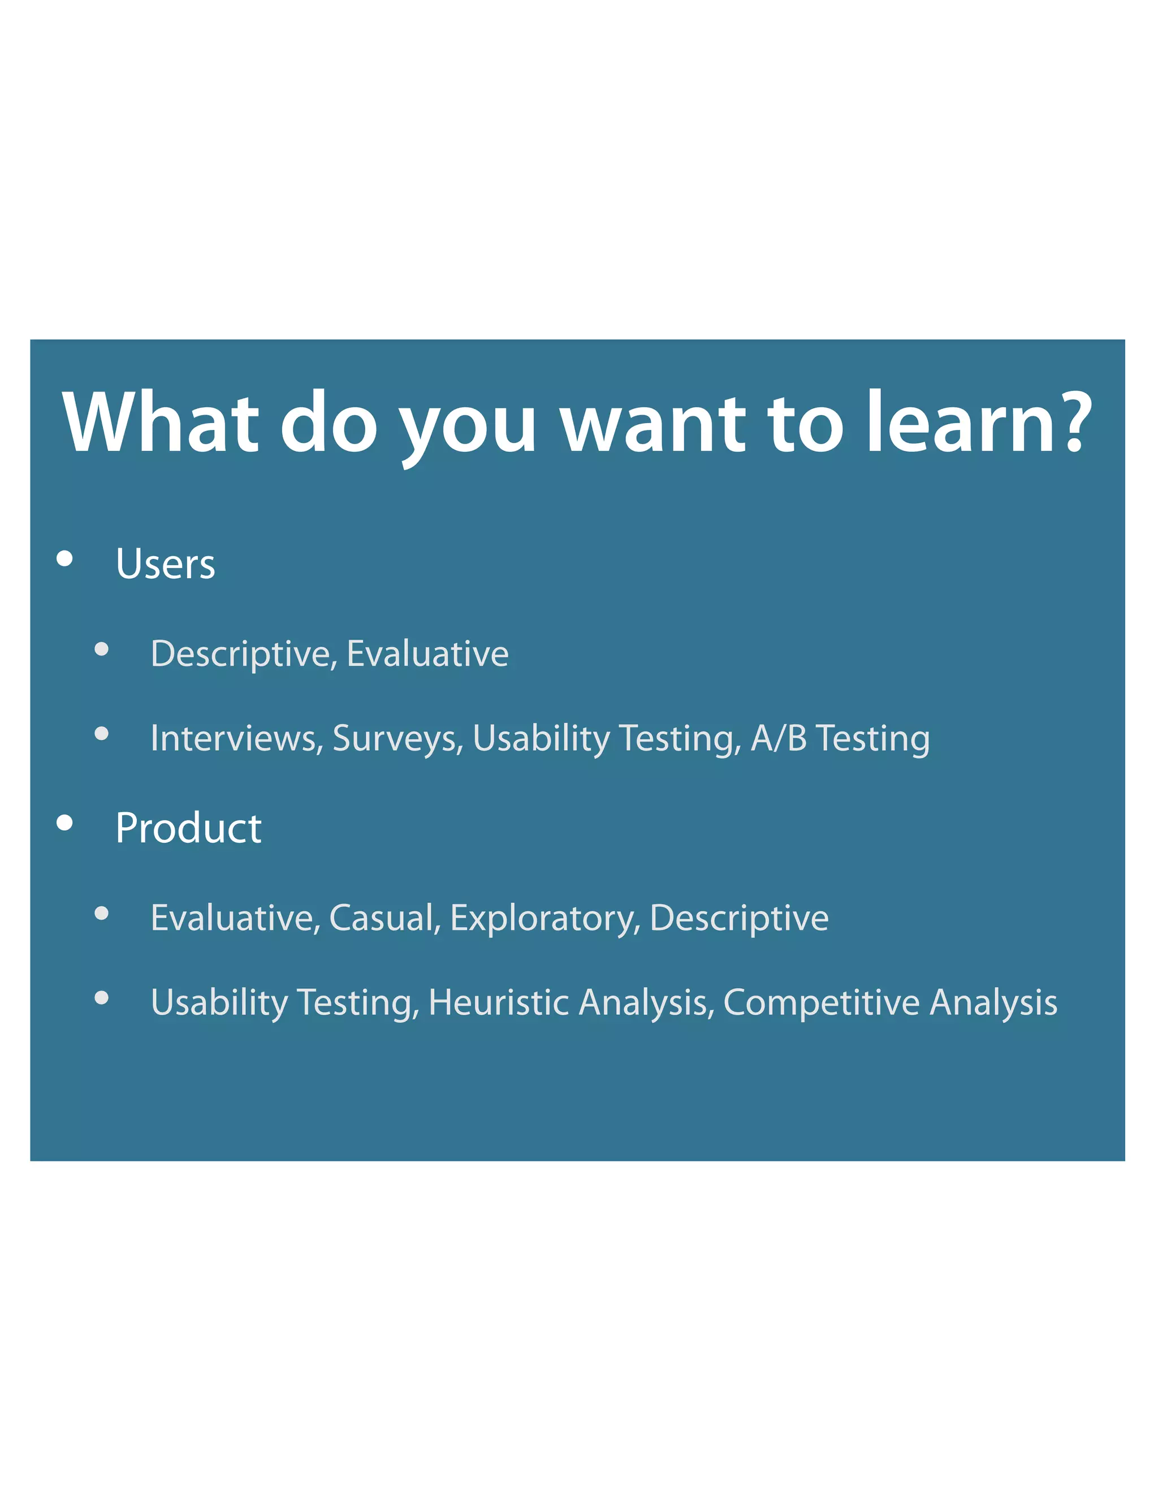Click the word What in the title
tap(161, 422)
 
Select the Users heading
tap(165, 564)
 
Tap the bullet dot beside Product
tap(65, 822)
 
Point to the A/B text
tap(778, 739)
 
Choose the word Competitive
tap(821, 1004)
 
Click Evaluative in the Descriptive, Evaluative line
tap(427, 653)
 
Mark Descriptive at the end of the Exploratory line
tap(739, 918)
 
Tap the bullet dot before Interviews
tap(102, 734)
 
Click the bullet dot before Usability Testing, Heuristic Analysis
tap(102, 997)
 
